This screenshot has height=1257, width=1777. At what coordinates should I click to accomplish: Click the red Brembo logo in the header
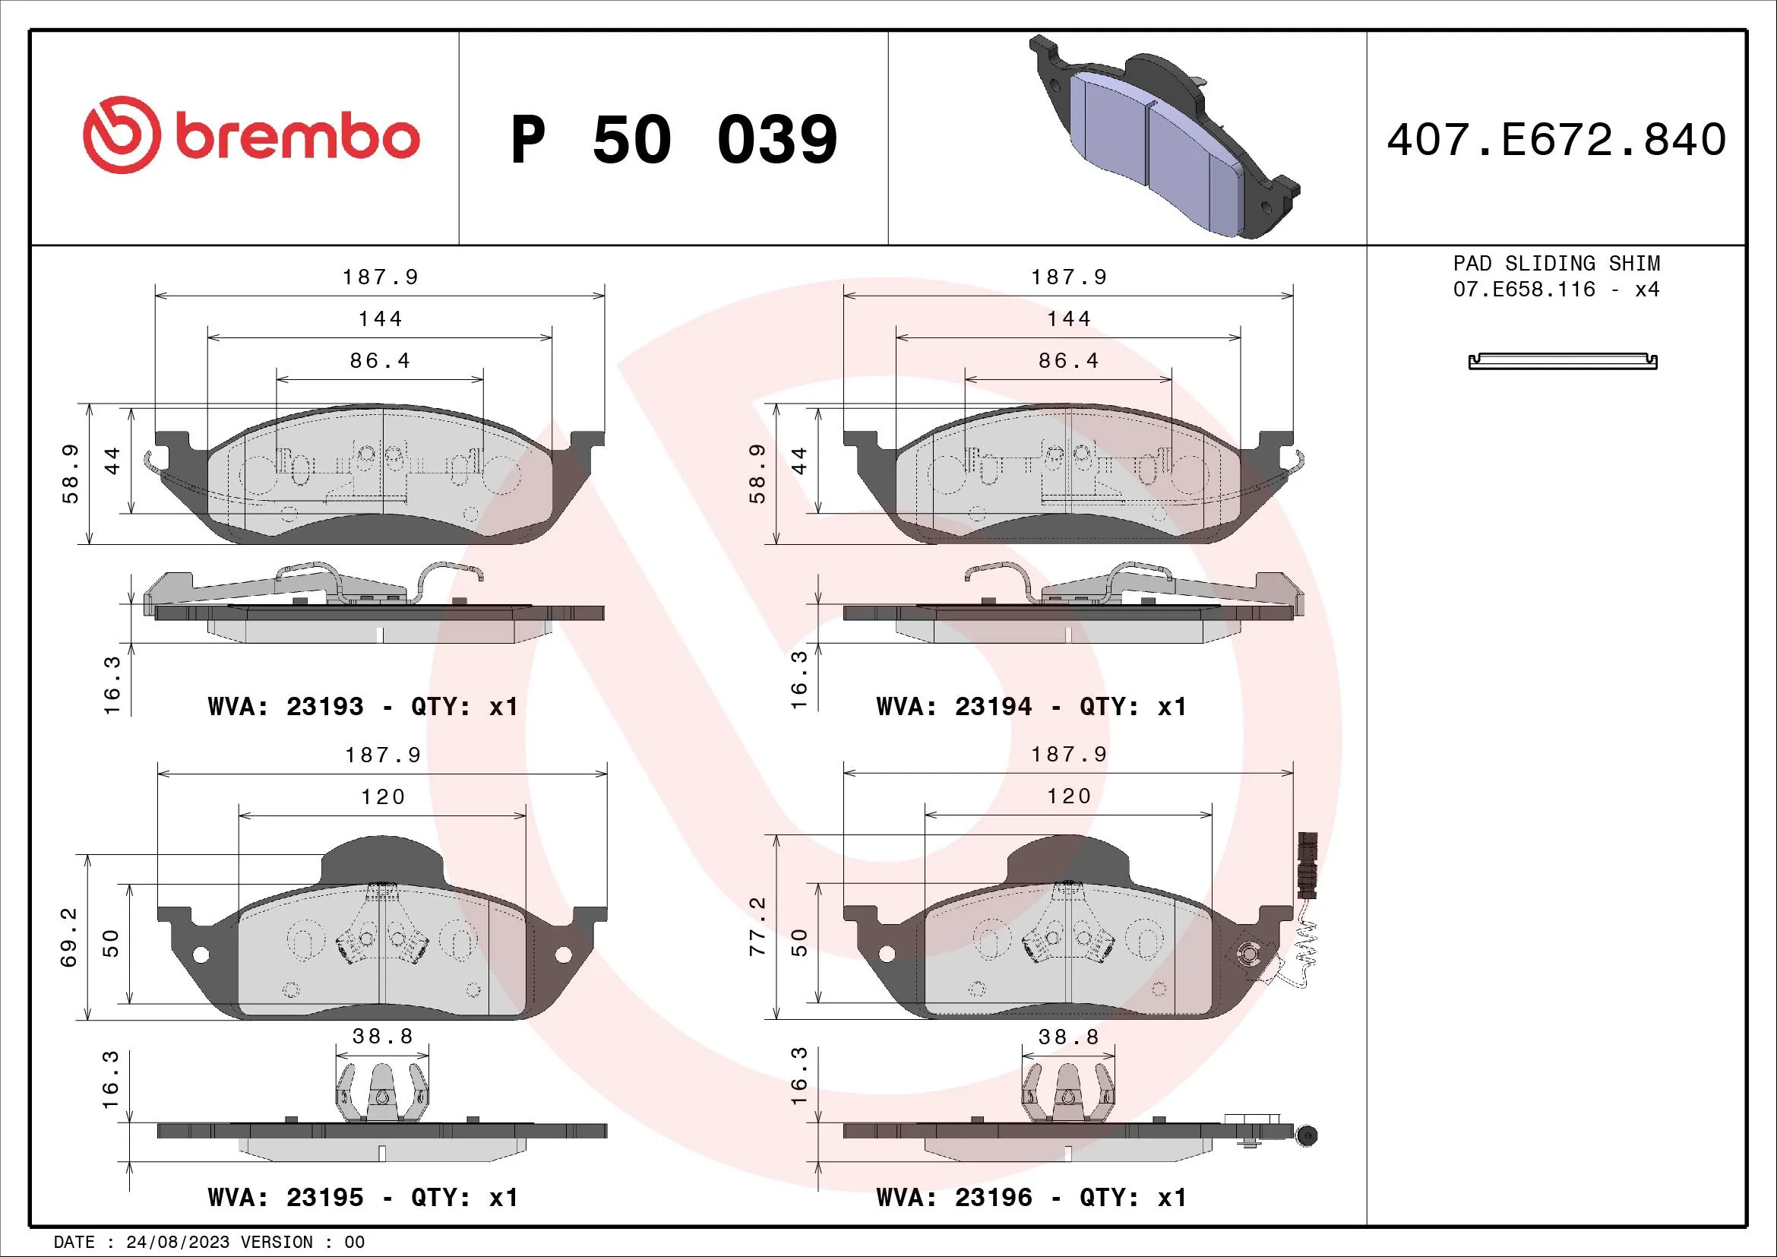[x=251, y=135]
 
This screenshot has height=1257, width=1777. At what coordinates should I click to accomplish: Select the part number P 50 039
[x=674, y=140]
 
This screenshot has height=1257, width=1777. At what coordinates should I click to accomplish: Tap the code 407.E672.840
[x=1557, y=140]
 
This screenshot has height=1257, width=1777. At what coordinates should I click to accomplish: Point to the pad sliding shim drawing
[x=1563, y=362]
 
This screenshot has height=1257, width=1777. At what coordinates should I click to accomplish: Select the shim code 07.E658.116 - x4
[x=1557, y=290]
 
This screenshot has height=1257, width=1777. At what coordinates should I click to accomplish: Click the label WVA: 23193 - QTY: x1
[x=363, y=707]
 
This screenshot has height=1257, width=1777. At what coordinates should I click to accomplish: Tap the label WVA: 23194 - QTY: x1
[x=1031, y=707]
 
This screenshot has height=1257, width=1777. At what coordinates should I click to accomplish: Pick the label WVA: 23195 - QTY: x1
[x=363, y=1198]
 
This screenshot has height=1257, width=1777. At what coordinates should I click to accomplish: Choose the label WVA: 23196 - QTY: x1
[x=1031, y=1198]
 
